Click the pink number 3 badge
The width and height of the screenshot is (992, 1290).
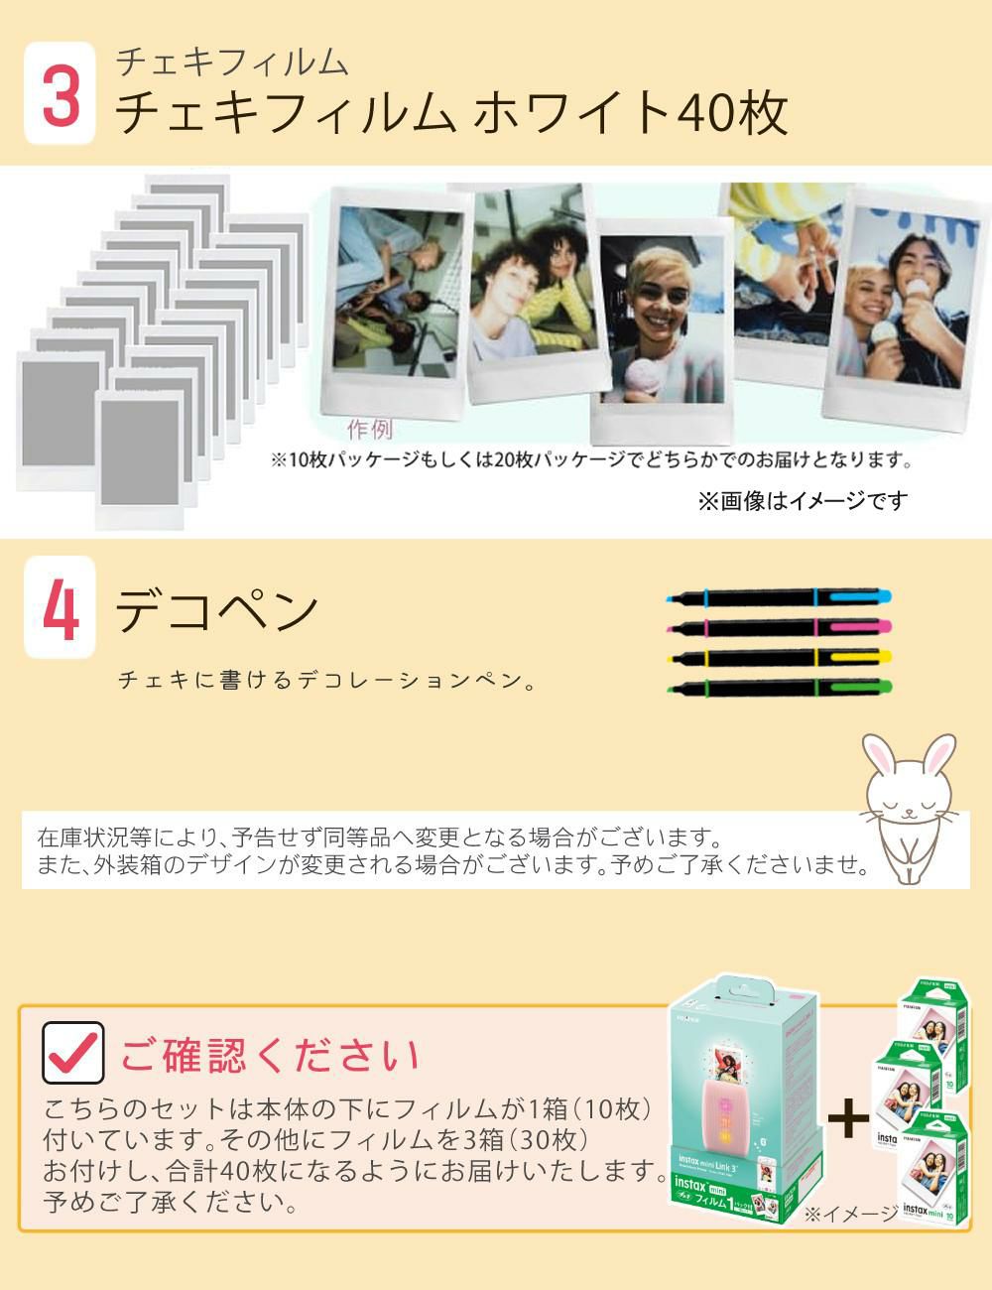pyautogui.click(x=61, y=94)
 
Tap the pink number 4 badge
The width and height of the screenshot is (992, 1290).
pyautogui.click(x=61, y=608)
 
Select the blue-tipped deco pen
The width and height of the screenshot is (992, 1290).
pyautogui.click(x=780, y=597)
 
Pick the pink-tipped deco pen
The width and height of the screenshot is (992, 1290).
pyautogui.click(x=780, y=627)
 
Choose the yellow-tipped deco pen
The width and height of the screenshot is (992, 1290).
pyautogui.click(x=780, y=657)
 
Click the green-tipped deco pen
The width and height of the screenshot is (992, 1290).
pyautogui.click(x=780, y=687)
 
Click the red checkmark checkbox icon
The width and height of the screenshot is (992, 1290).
pyautogui.click(x=73, y=1052)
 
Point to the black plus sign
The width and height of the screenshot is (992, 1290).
pyautogui.click(x=847, y=1118)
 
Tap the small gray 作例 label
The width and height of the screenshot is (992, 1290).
pyautogui.click(x=369, y=430)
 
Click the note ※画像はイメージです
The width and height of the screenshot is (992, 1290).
pyautogui.click(x=802, y=501)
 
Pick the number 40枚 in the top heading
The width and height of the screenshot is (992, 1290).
pyautogui.click(x=732, y=112)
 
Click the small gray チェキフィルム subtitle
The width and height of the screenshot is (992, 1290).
pyautogui.click(x=232, y=62)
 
